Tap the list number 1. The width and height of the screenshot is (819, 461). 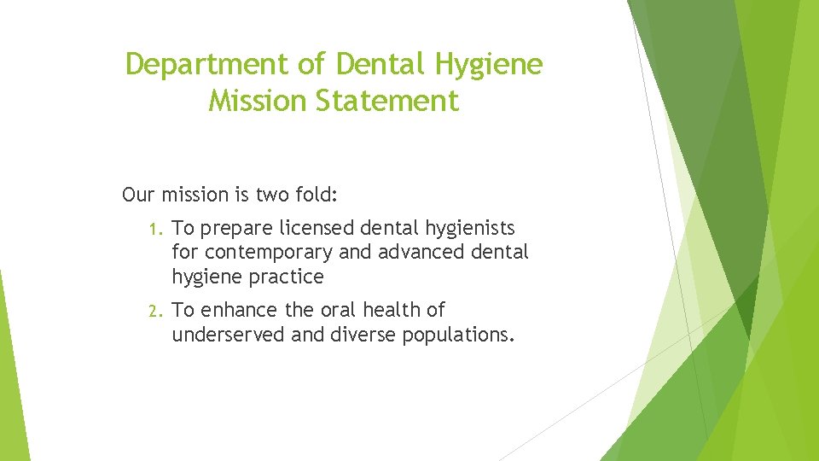154,229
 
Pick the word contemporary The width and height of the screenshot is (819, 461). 269,253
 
